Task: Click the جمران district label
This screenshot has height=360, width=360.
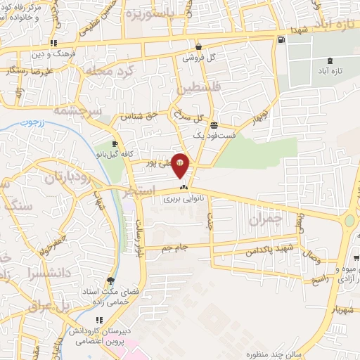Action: tap(264, 220)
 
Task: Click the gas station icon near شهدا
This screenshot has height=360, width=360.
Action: tap(282, 39)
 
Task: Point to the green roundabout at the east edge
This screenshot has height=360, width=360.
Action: tap(350, 221)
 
